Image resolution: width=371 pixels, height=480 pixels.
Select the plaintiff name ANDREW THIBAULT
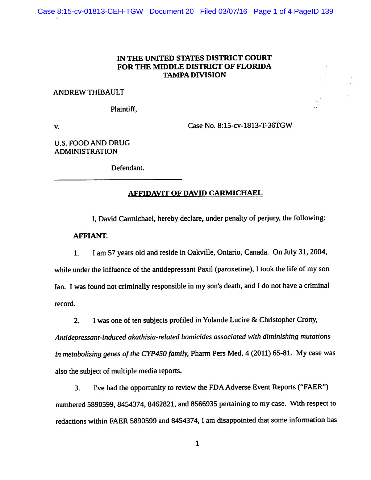89,93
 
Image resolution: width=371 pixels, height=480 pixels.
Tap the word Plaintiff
124,109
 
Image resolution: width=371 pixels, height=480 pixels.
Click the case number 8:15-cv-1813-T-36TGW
255,126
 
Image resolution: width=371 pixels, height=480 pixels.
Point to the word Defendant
128,168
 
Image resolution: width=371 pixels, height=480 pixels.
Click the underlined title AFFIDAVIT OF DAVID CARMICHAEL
195,193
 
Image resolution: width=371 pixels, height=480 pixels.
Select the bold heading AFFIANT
90,236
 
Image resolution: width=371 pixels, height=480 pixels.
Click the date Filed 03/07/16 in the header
224,12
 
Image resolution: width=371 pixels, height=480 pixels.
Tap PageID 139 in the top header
314,12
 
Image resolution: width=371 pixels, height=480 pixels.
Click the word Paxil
205,269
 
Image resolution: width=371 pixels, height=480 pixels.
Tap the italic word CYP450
154,354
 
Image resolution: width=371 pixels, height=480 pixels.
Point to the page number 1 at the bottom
197,443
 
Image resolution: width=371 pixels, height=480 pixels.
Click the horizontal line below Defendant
118,179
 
